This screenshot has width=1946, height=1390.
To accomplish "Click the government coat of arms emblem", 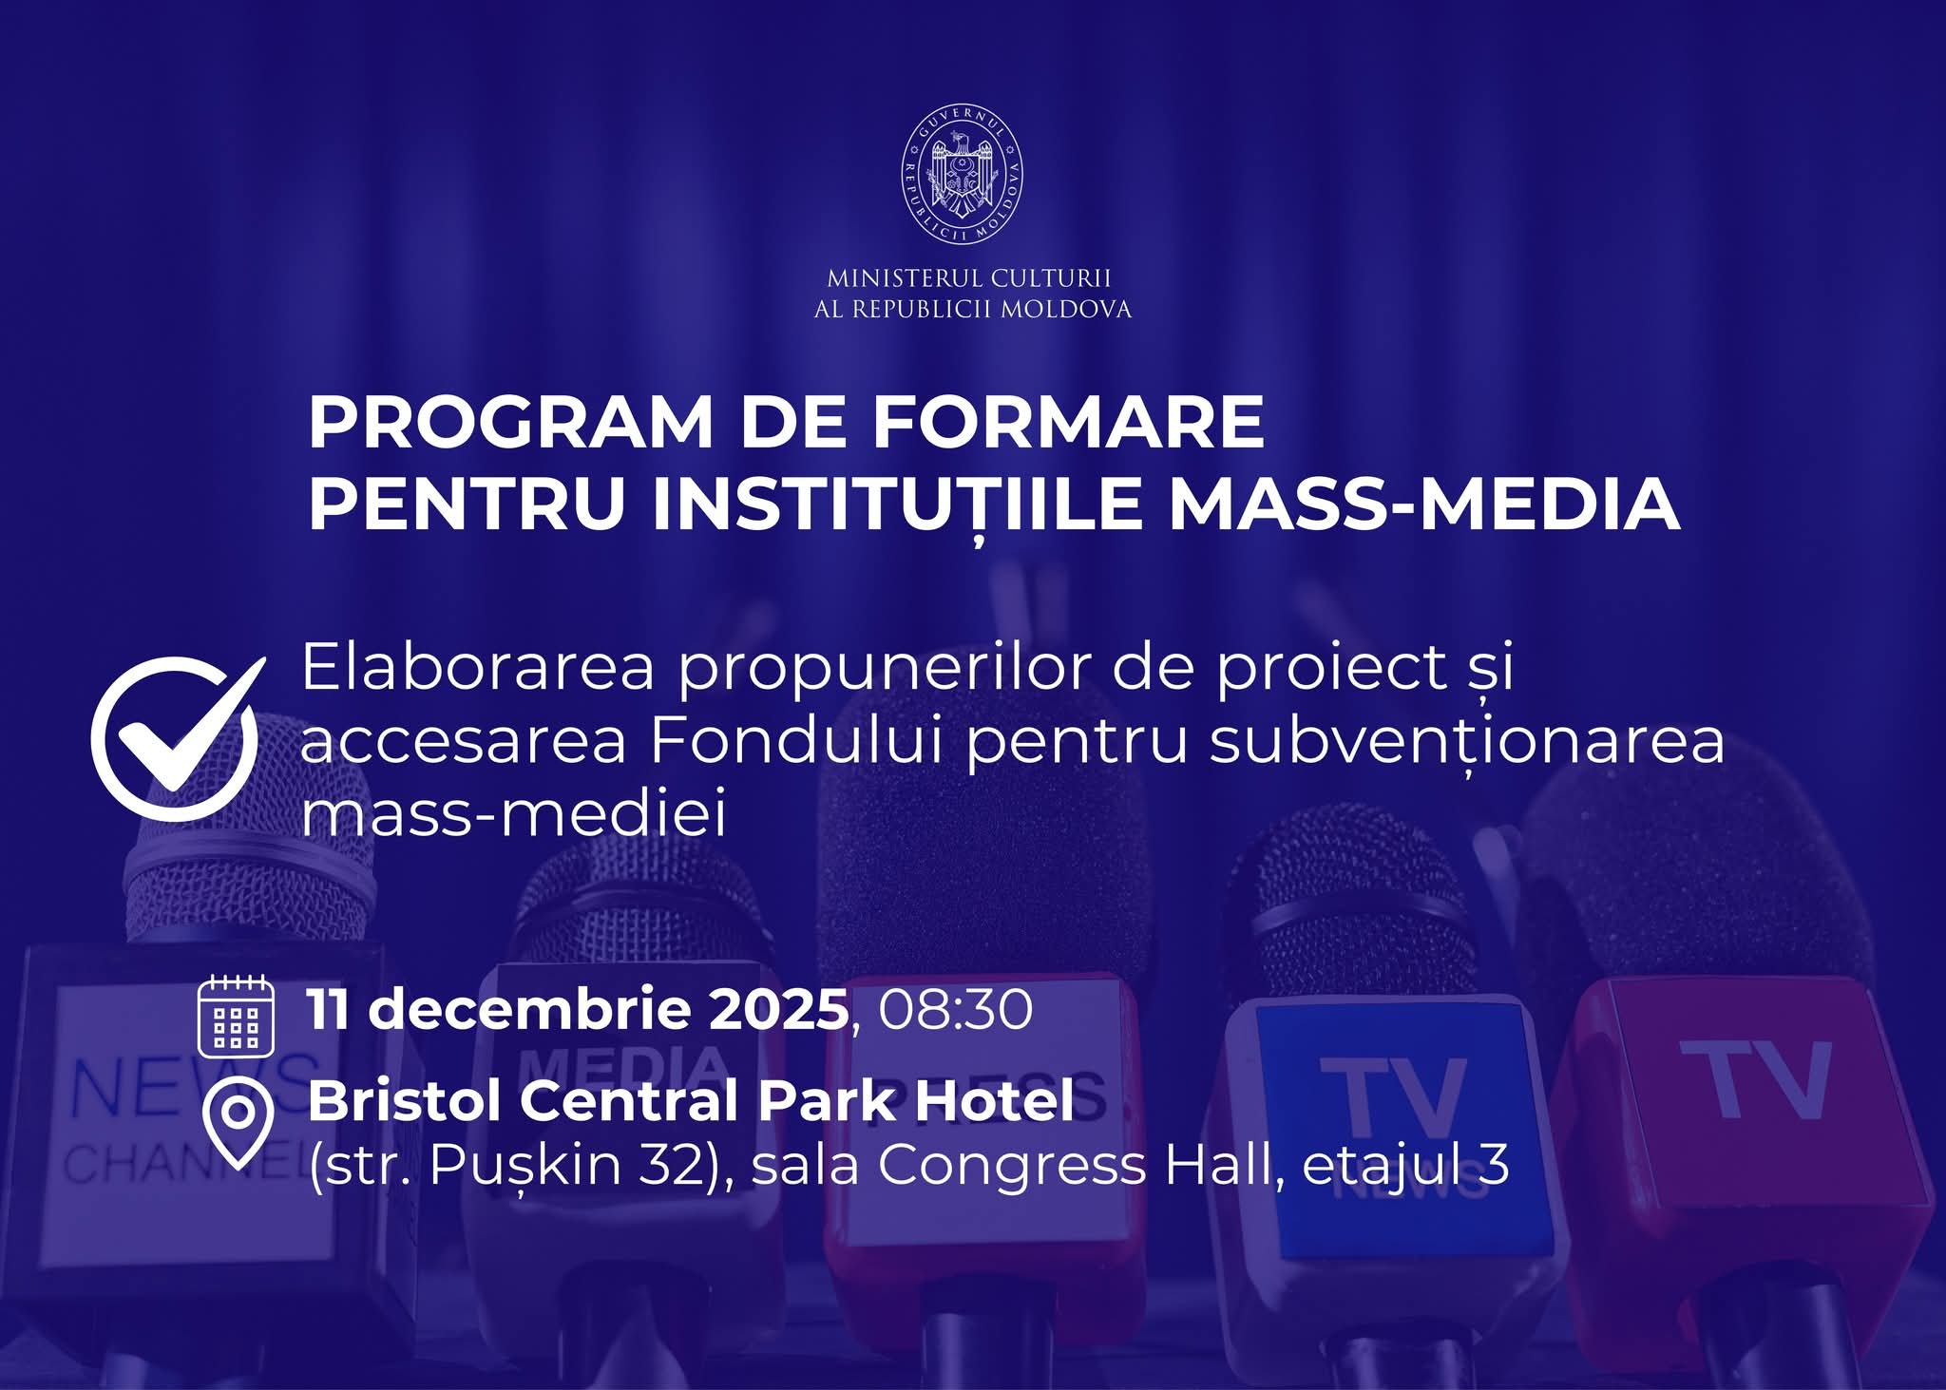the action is [962, 173].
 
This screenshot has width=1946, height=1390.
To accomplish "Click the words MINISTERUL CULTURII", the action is [969, 278].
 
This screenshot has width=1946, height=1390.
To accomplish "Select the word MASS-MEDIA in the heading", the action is [1423, 504].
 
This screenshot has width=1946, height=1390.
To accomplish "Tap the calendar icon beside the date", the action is [236, 1016].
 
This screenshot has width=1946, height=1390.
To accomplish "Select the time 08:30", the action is [955, 1009].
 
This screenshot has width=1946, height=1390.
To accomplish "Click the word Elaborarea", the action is [478, 667].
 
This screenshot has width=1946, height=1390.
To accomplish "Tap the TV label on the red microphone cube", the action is [1756, 1079].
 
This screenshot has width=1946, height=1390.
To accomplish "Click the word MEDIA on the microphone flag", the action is [623, 1067].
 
